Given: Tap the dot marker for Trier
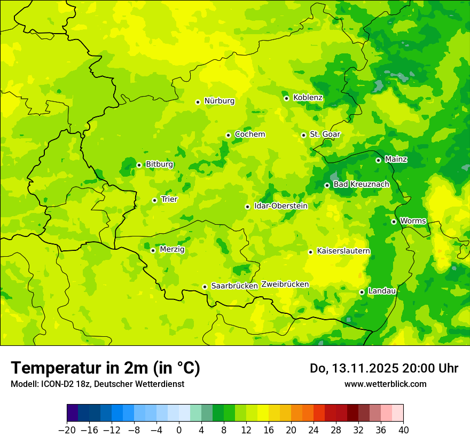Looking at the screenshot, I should point(154,200).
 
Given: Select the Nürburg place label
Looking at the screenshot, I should point(219,101).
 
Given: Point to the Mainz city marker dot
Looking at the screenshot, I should point(378,160).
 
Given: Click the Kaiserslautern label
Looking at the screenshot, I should point(343,251).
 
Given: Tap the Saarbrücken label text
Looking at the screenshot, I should point(234,286).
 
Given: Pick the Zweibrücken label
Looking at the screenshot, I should point(285,284).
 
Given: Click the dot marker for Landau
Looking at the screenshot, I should point(362,292).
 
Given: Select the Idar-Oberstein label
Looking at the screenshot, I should point(281,206).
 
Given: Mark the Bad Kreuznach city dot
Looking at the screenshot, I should point(327,185).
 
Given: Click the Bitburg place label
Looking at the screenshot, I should point(159,164).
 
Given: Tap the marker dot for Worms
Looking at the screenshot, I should point(394,222).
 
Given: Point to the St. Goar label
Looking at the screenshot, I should point(325,135).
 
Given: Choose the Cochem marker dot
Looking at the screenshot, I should point(228,135).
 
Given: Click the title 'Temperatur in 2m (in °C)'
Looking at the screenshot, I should point(105,368).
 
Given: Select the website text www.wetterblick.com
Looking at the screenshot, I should point(385,384).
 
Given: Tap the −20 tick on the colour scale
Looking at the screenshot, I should point(67,430).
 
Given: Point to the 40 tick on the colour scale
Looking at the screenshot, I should point(403,430).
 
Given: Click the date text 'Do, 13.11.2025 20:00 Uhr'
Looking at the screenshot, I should point(383,368).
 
